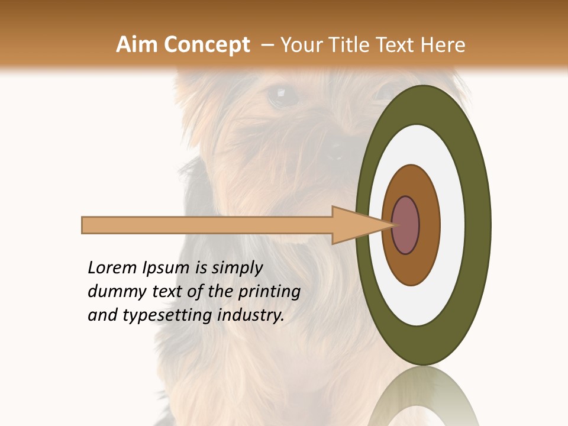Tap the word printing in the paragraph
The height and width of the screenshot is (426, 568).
[x=270, y=292]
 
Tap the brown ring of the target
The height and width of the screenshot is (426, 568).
[x=428, y=225]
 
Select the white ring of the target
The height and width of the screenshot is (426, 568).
[x=453, y=225]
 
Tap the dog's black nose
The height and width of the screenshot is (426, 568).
[x=336, y=151]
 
